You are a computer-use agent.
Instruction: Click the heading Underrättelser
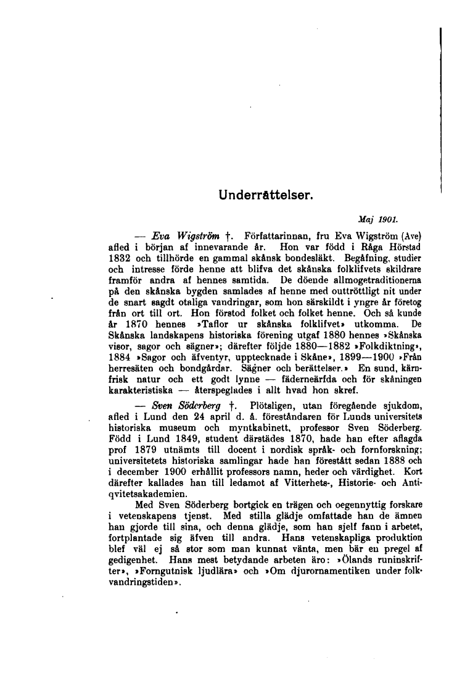[266, 196]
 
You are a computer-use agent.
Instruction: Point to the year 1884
[120, 357]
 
